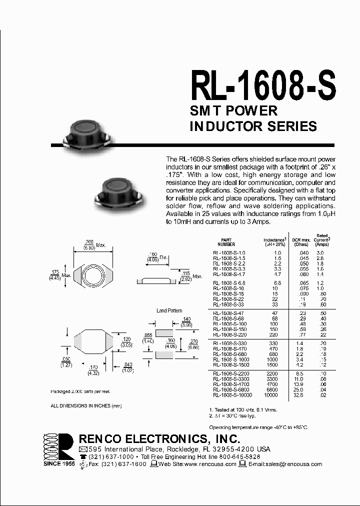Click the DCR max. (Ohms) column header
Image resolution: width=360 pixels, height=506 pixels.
click(301, 242)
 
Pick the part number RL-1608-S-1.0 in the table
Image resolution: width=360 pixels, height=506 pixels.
click(229, 253)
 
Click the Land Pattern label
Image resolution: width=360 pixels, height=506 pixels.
click(169, 310)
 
